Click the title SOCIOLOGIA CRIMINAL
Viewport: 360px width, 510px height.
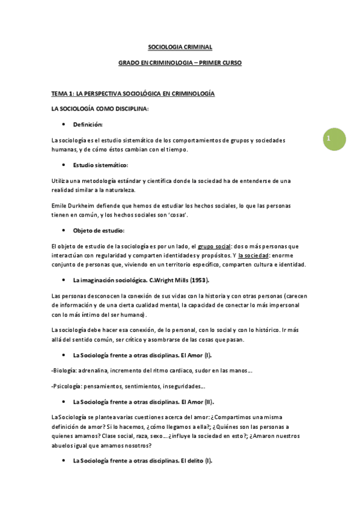click(180, 46)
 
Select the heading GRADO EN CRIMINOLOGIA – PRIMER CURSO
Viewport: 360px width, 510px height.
click(180, 63)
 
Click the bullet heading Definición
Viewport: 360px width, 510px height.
click(88, 124)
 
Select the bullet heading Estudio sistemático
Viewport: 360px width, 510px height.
click(100, 165)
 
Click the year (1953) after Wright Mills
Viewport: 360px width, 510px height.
click(198, 281)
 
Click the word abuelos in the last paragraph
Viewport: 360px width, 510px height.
click(62, 445)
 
